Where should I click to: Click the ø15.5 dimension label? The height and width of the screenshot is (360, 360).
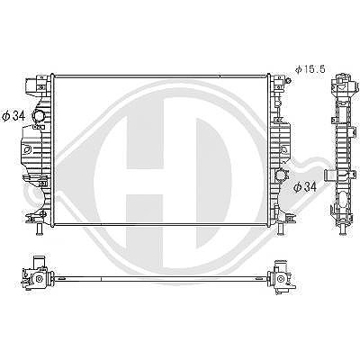coord(310,69)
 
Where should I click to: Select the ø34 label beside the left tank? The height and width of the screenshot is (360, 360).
coord(13,116)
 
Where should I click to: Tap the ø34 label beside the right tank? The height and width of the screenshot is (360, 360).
coord(305,187)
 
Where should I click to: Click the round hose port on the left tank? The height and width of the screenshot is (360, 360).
coord(38,115)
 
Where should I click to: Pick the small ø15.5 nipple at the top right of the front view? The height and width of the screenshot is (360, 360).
coord(289,80)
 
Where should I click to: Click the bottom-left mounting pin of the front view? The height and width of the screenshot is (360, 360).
coord(39,230)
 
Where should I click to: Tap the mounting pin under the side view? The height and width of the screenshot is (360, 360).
coord(342,229)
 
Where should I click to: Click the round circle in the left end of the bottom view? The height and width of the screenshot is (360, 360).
coord(39,279)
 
